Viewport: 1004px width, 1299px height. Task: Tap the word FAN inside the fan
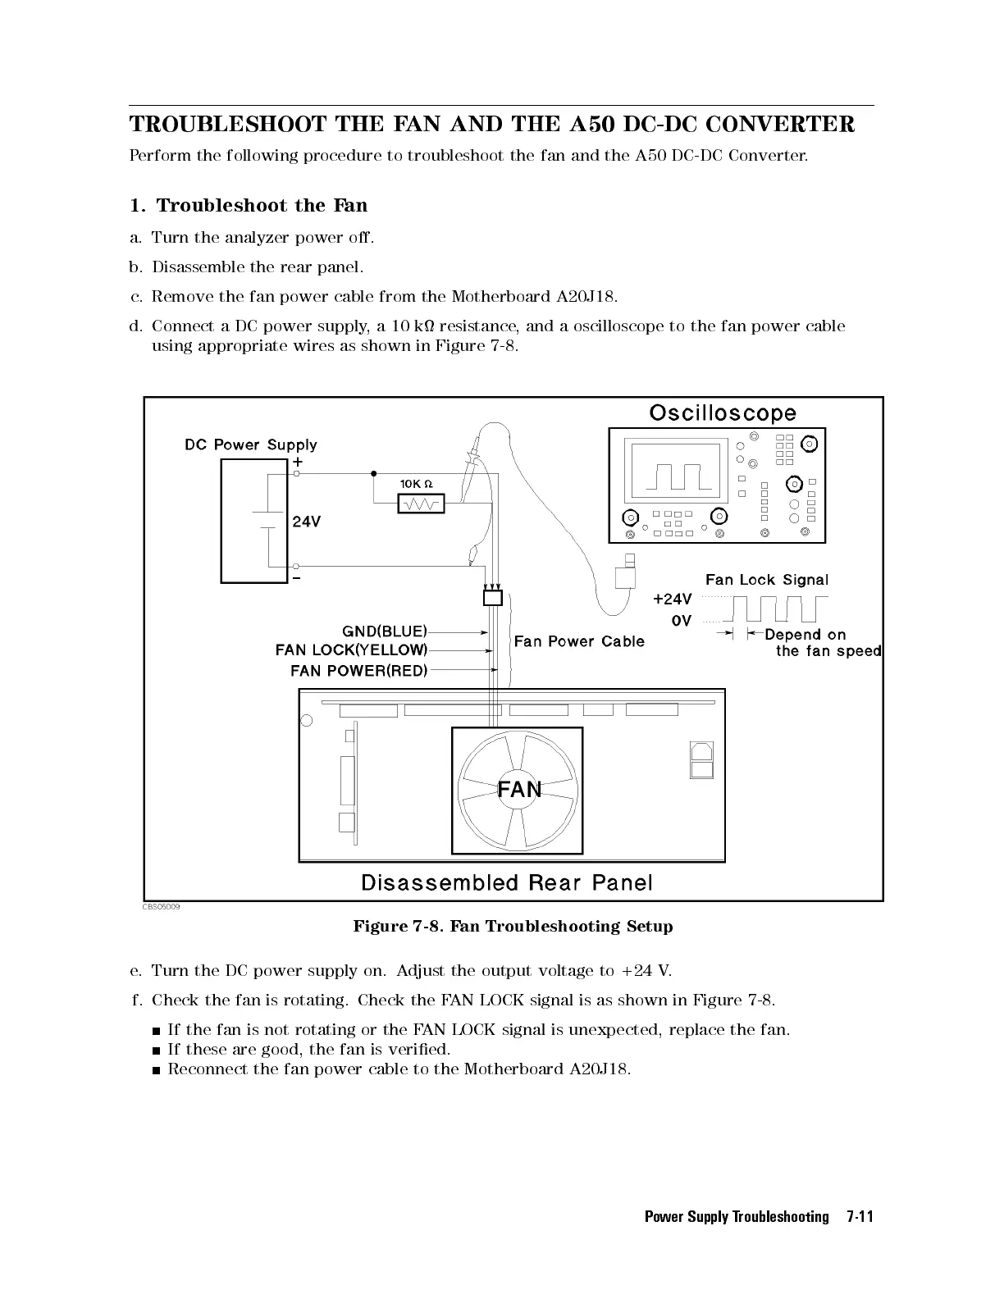tap(519, 790)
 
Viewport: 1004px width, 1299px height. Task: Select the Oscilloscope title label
tap(722, 412)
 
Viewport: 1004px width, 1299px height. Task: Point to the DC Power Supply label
tap(250, 444)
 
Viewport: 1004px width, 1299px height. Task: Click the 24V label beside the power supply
tap(306, 522)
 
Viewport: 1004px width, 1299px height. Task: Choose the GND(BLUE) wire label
tap(384, 631)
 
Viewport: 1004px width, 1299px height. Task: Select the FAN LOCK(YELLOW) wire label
tap(351, 650)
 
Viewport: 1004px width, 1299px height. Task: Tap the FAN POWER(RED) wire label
tap(358, 671)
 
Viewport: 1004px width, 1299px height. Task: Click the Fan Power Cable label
tap(578, 641)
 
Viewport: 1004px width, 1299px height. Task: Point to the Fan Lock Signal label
tap(767, 580)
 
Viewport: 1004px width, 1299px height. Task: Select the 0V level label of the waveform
tap(681, 621)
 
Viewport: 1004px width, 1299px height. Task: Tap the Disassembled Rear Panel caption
tap(507, 882)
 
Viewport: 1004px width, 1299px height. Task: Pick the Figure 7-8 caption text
tap(513, 927)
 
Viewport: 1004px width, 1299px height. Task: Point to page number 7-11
tap(859, 1217)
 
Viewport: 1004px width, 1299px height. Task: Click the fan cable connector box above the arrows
tap(492, 598)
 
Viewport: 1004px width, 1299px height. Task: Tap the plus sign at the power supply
tap(297, 462)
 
